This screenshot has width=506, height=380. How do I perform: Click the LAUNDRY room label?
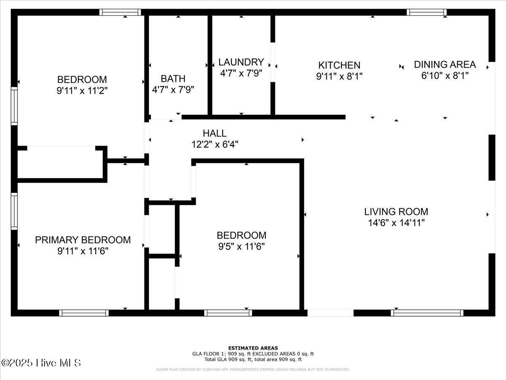click(x=241, y=62)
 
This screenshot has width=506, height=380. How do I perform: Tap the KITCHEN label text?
click(x=339, y=65)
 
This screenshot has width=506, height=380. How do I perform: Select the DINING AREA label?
click(x=444, y=64)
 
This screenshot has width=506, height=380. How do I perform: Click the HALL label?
click(x=214, y=133)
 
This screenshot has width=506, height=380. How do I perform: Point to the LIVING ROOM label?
click(x=396, y=212)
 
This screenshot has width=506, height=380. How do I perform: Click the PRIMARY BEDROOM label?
click(x=83, y=240)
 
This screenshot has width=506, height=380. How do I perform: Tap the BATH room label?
click(x=173, y=79)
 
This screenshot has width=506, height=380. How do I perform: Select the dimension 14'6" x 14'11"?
click(x=396, y=223)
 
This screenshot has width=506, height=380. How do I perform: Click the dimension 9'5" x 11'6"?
click(x=241, y=246)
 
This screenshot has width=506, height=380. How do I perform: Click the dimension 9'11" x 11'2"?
click(x=82, y=90)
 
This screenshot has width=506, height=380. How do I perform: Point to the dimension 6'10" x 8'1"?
click(x=444, y=76)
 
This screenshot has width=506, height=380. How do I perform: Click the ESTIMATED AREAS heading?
click(x=253, y=348)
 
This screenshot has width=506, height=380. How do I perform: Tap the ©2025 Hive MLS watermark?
click(x=41, y=363)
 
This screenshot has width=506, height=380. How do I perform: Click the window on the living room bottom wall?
click(x=427, y=313)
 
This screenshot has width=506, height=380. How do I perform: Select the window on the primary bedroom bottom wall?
click(x=84, y=313)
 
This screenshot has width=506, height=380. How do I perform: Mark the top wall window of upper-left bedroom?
click(x=120, y=12)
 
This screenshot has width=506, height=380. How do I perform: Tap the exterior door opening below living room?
click(x=330, y=313)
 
